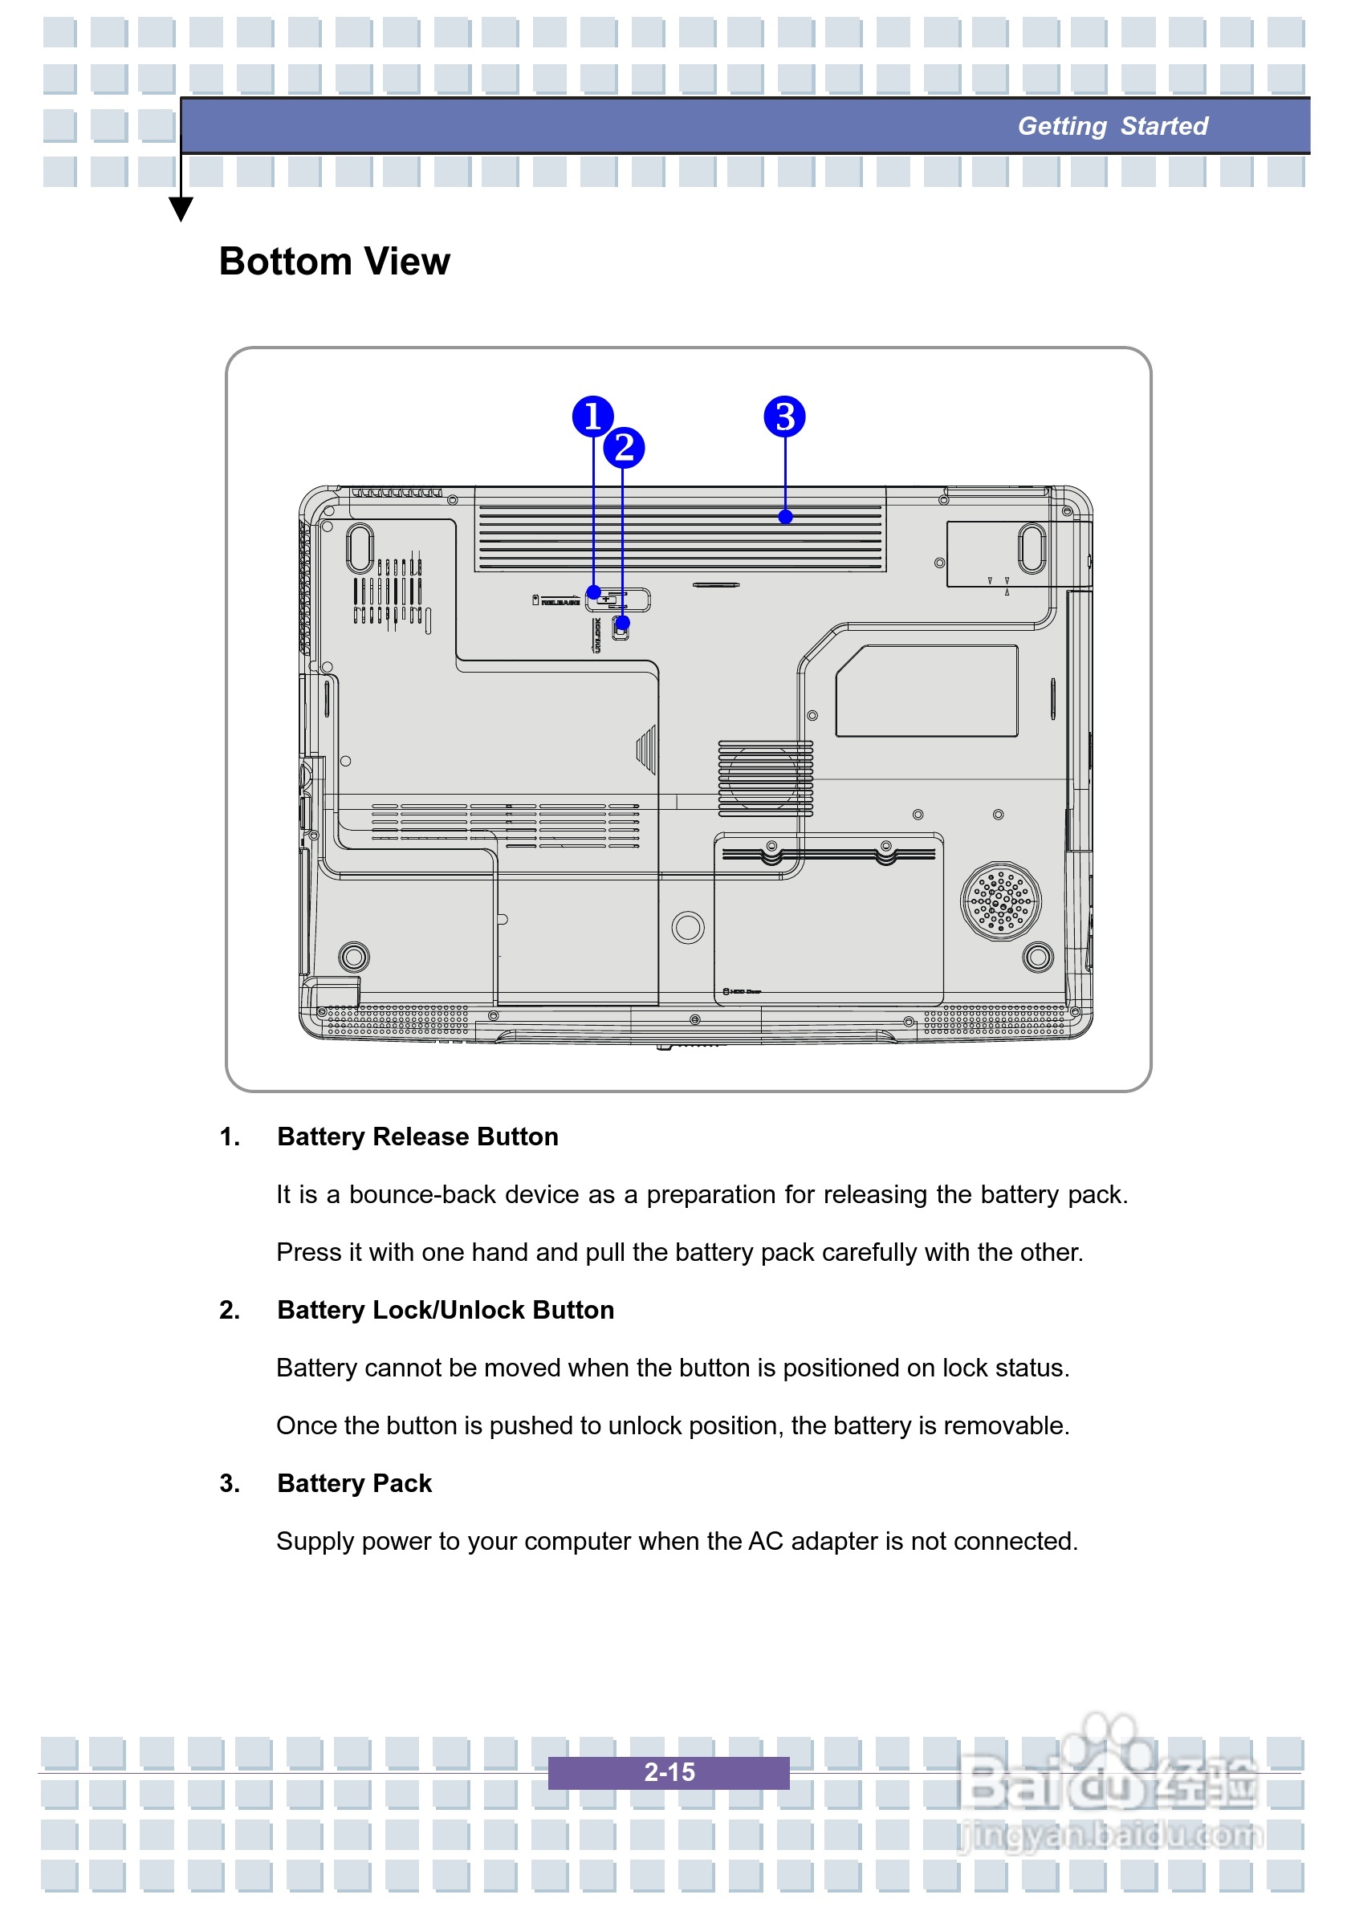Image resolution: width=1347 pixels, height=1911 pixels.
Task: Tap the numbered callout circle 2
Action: click(625, 448)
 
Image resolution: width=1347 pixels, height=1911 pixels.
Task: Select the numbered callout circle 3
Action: click(784, 417)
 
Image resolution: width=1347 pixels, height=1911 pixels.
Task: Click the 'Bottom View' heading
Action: click(334, 262)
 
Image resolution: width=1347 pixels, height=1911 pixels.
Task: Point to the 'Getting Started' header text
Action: click(1113, 126)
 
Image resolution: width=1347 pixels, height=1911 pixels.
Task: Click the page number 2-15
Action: click(669, 1772)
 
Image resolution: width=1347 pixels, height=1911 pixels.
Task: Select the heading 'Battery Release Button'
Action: click(417, 1136)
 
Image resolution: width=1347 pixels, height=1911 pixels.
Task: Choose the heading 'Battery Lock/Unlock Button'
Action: click(446, 1309)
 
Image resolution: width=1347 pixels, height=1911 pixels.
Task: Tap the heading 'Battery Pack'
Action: click(355, 1482)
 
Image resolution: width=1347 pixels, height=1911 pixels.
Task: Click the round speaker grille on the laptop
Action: click(1001, 901)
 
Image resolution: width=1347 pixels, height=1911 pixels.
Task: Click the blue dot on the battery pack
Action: click(785, 517)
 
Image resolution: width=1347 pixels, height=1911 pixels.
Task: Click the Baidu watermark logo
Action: click(1107, 1777)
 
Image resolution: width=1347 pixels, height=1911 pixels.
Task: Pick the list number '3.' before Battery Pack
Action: click(230, 1482)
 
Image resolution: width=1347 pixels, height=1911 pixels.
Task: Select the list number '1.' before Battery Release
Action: click(230, 1136)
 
